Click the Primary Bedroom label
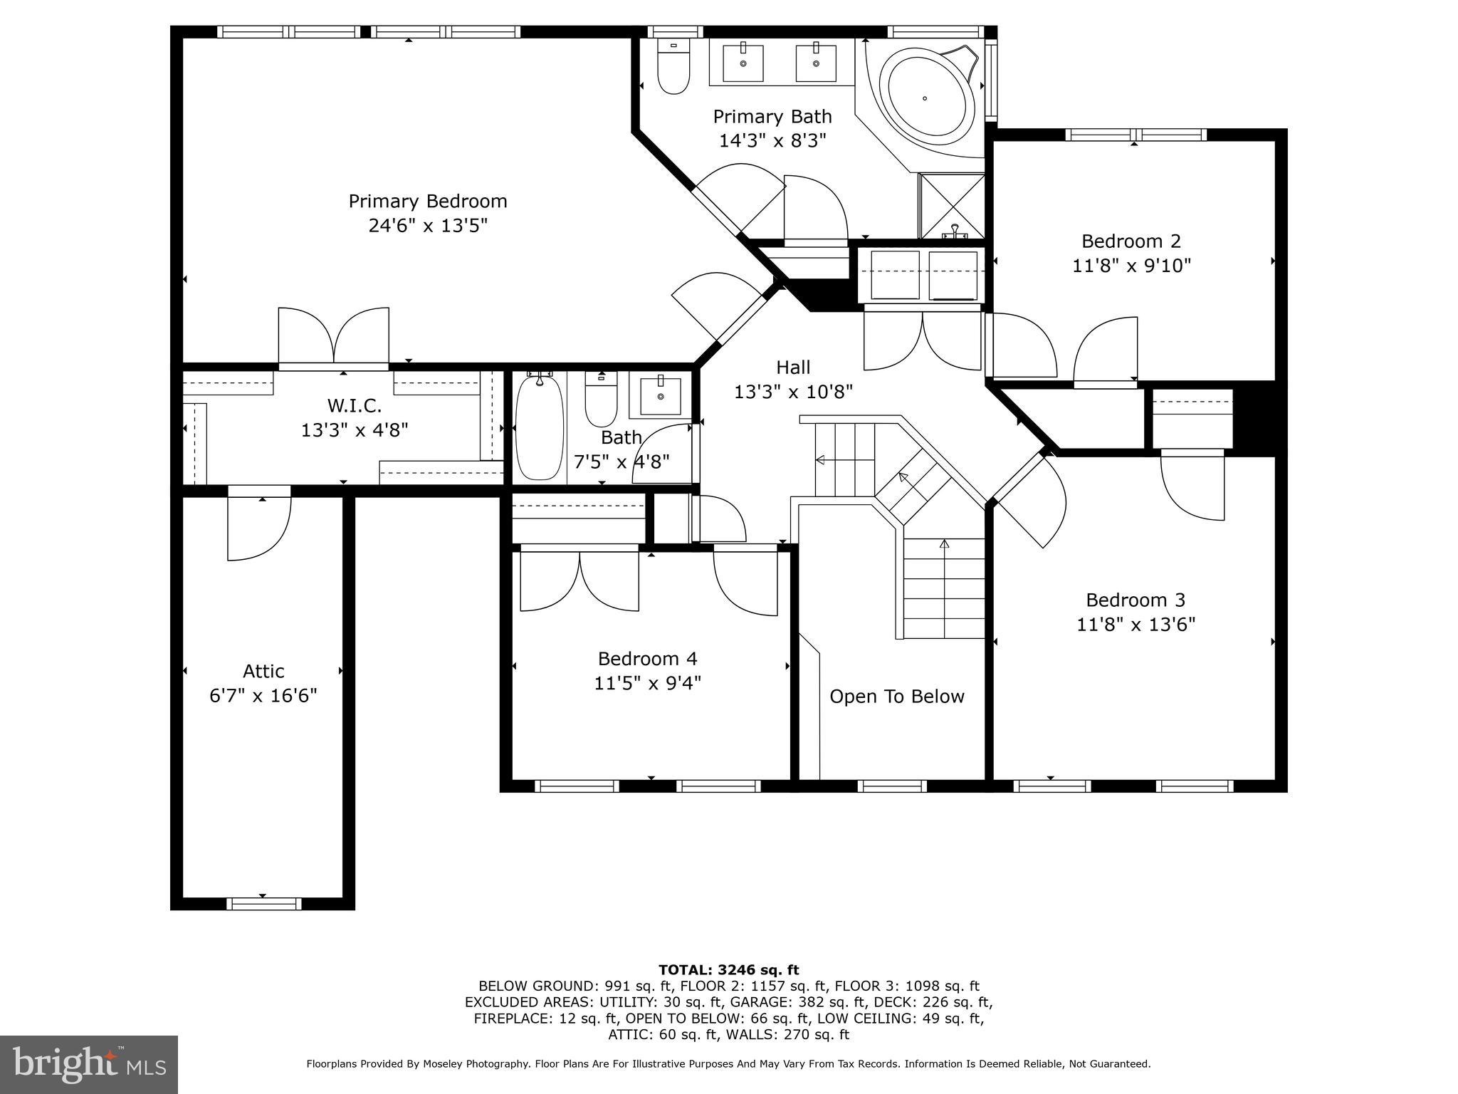pos(427,201)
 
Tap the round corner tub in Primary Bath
pos(925,98)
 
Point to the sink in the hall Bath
pos(660,397)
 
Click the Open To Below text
pos(896,696)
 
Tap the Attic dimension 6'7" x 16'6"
pos(263,695)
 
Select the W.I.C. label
pos(354,405)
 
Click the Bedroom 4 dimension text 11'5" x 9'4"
pos(647,683)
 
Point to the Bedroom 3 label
pos(1135,600)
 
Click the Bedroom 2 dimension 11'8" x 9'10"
pos(1131,266)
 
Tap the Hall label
pos(793,367)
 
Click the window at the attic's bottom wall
pos(263,904)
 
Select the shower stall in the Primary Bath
pos(952,206)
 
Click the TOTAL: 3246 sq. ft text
pos(728,969)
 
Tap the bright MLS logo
pos(88,1064)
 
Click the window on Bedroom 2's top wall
pos(1136,135)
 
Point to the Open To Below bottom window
pos(892,786)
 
